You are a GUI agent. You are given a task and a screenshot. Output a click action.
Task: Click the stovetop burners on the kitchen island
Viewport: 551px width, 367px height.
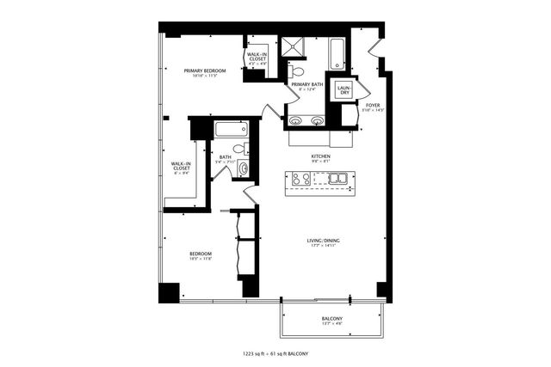coord(301,180)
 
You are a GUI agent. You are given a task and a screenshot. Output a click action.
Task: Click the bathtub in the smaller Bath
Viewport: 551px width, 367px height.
coord(231,131)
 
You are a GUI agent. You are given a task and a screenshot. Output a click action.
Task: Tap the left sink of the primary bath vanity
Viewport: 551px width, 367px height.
coord(297,120)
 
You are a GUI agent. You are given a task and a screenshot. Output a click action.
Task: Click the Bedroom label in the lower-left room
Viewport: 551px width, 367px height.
coord(201,254)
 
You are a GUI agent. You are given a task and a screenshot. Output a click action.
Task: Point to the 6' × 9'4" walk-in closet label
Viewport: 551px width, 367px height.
coord(181,167)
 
